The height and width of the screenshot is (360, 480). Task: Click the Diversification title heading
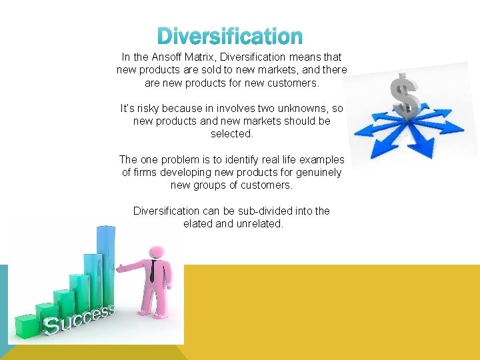231,36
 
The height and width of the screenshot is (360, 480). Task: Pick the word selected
232,133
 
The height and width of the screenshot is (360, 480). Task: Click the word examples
321,159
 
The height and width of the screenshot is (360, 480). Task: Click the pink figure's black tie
153,270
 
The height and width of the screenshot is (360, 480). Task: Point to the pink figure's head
157,252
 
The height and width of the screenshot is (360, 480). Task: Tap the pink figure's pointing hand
120,268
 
